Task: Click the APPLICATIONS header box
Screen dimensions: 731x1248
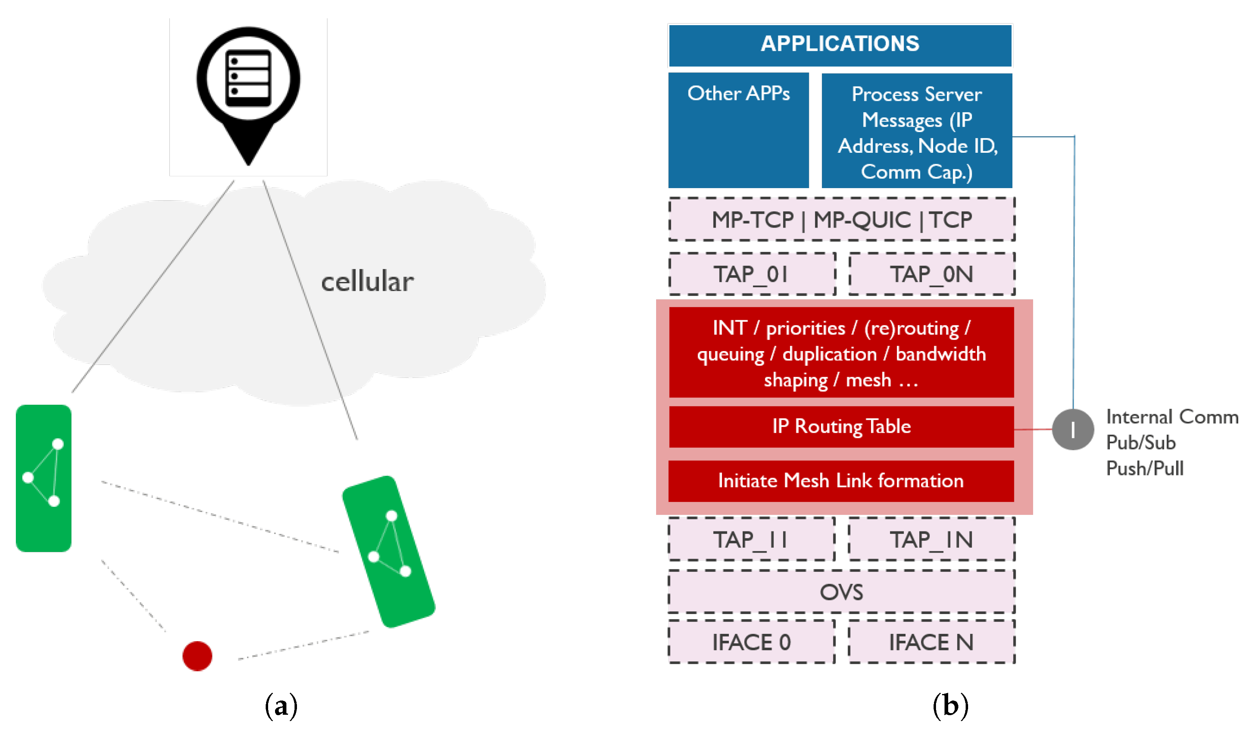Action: (x=840, y=45)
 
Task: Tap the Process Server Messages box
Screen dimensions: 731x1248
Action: (x=916, y=131)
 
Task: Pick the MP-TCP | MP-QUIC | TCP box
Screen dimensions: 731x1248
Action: (x=841, y=219)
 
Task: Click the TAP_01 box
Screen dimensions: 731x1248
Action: (x=752, y=274)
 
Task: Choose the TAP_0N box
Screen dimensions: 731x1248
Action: (x=932, y=274)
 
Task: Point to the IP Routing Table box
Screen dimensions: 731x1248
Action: (x=841, y=426)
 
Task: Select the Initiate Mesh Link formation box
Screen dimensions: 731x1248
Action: (x=841, y=481)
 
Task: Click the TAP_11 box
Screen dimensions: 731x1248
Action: (x=751, y=539)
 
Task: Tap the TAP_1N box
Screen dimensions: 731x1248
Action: (x=932, y=539)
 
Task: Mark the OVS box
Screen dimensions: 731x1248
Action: (x=841, y=592)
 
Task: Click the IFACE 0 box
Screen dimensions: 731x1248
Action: (x=751, y=642)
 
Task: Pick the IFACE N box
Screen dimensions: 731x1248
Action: (x=932, y=642)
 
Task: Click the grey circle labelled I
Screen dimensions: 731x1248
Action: (x=1072, y=429)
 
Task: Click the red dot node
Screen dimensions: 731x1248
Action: (x=197, y=656)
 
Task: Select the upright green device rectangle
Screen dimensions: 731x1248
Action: (x=43, y=478)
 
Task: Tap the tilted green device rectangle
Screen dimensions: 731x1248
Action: (x=389, y=551)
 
